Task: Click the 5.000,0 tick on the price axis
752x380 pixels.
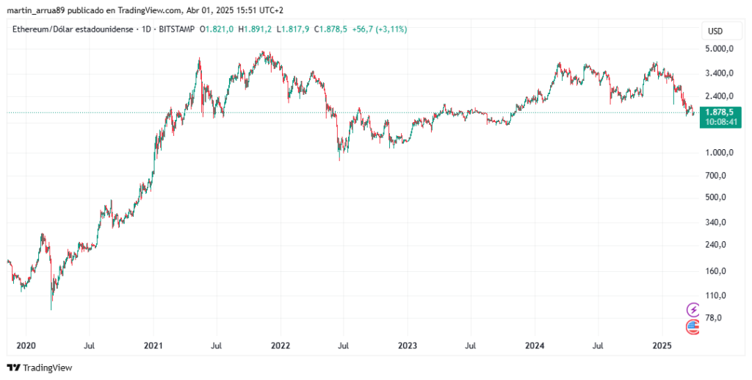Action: [x=720, y=49]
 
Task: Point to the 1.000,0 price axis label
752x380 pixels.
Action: [x=720, y=153]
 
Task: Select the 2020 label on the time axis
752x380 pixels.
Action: [x=26, y=345]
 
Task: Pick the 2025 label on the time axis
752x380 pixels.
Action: [x=662, y=345]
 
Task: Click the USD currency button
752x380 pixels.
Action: [x=715, y=31]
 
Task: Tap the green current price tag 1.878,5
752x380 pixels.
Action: [x=720, y=112]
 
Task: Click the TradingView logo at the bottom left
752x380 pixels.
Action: [x=40, y=368]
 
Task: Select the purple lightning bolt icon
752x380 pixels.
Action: [x=693, y=309]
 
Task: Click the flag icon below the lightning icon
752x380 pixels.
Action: [x=693, y=326]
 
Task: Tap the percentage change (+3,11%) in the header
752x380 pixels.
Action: [x=391, y=29]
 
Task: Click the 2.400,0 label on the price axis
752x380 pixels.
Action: [x=720, y=96]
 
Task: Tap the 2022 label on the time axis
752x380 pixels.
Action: [x=280, y=345]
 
